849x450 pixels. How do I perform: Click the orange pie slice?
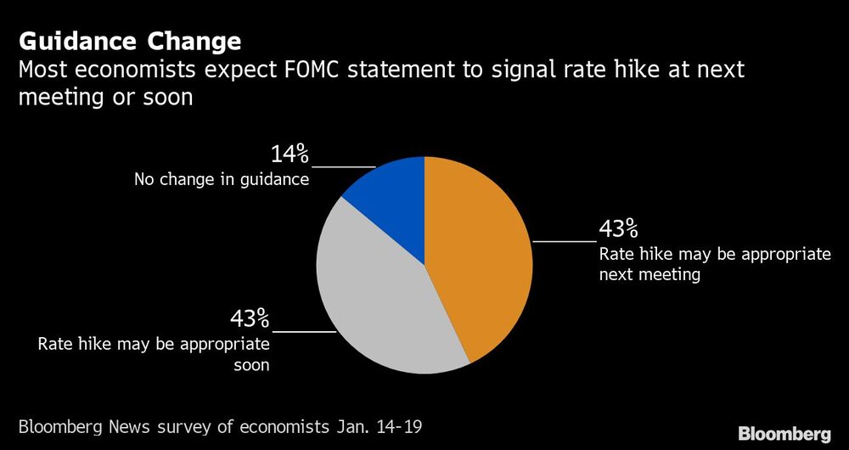[480, 255]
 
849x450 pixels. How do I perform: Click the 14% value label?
[290, 155]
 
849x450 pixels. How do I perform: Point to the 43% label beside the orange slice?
[619, 229]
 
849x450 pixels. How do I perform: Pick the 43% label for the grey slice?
[250, 318]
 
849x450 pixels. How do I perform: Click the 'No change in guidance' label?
[221, 179]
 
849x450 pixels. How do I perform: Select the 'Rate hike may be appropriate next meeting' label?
[715, 264]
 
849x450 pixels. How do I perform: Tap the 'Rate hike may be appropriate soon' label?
[154, 354]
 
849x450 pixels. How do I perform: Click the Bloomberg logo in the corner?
[784, 434]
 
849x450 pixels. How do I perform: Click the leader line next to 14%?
[343, 167]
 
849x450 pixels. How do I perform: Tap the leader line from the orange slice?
[564, 242]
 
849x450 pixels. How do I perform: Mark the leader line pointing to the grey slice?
[304, 331]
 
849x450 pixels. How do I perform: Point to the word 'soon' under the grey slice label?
[251, 365]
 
